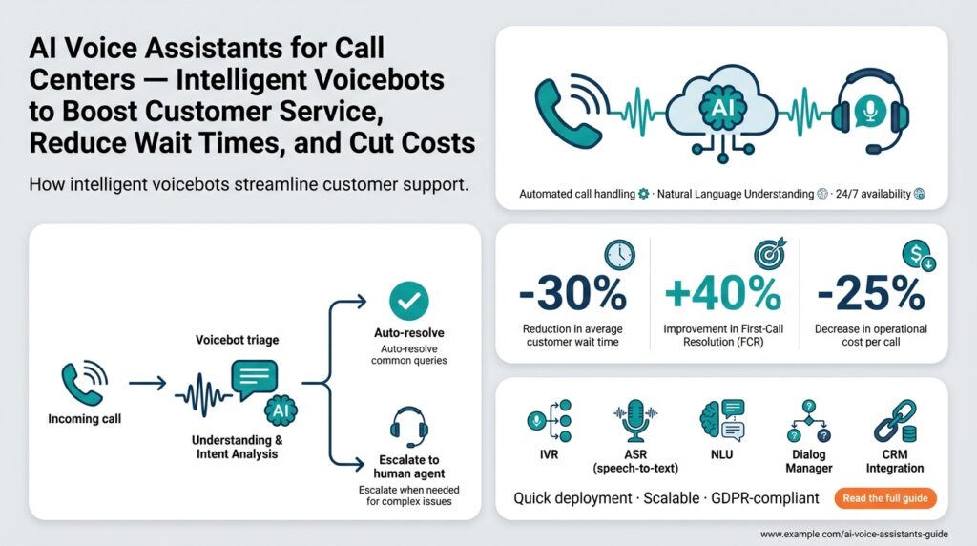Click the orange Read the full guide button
point(884,497)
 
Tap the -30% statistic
point(572,295)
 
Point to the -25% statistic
point(872,295)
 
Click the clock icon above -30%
point(618,254)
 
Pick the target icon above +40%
point(769,254)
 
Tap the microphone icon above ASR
point(634,421)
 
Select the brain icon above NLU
point(720,421)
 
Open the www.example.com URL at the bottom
point(862,533)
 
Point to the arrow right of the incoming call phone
point(147,384)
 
